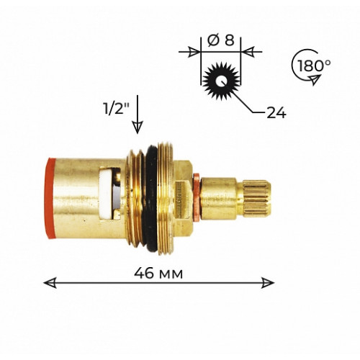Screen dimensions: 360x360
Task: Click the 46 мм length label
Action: (x=158, y=274)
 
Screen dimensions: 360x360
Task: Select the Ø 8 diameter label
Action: (x=221, y=41)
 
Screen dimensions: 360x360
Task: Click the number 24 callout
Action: (x=276, y=112)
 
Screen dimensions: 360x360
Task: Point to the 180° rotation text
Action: (x=314, y=66)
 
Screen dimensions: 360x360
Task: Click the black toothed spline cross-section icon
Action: (x=221, y=81)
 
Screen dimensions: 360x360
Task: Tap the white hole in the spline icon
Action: (x=220, y=81)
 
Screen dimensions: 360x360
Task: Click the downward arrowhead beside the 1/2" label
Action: (x=138, y=127)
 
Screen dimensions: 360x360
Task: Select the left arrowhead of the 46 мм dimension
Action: (x=50, y=283)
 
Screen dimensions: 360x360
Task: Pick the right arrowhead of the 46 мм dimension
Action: (x=268, y=283)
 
